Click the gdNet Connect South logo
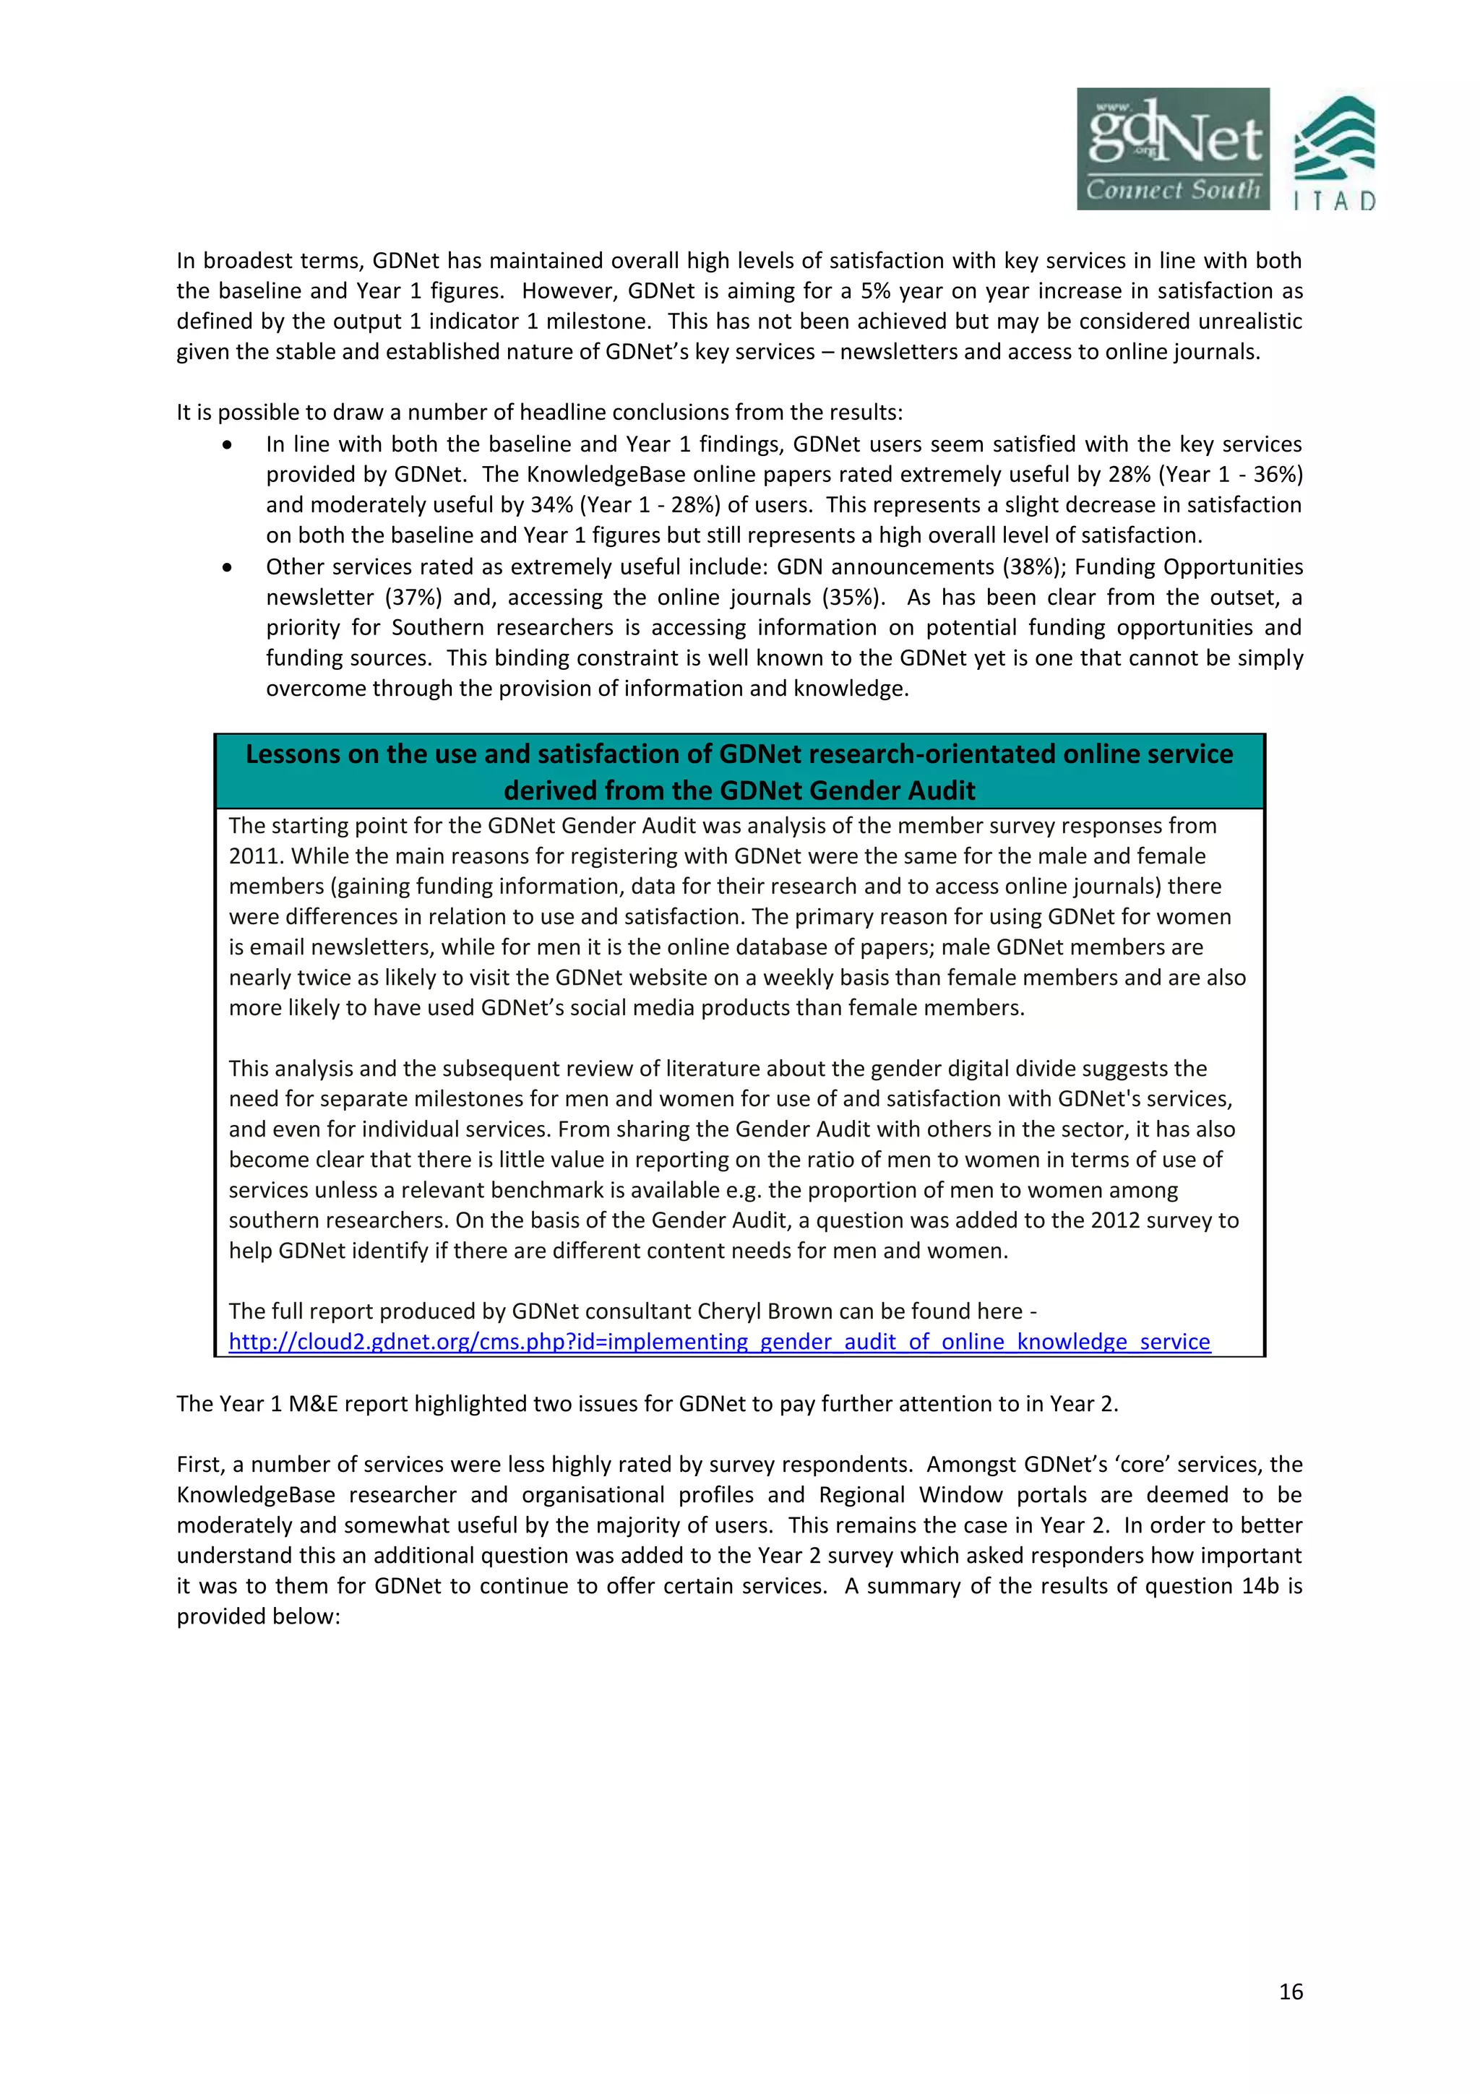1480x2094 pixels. point(1173,149)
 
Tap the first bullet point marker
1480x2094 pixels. point(227,445)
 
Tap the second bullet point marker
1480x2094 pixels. point(227,567)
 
